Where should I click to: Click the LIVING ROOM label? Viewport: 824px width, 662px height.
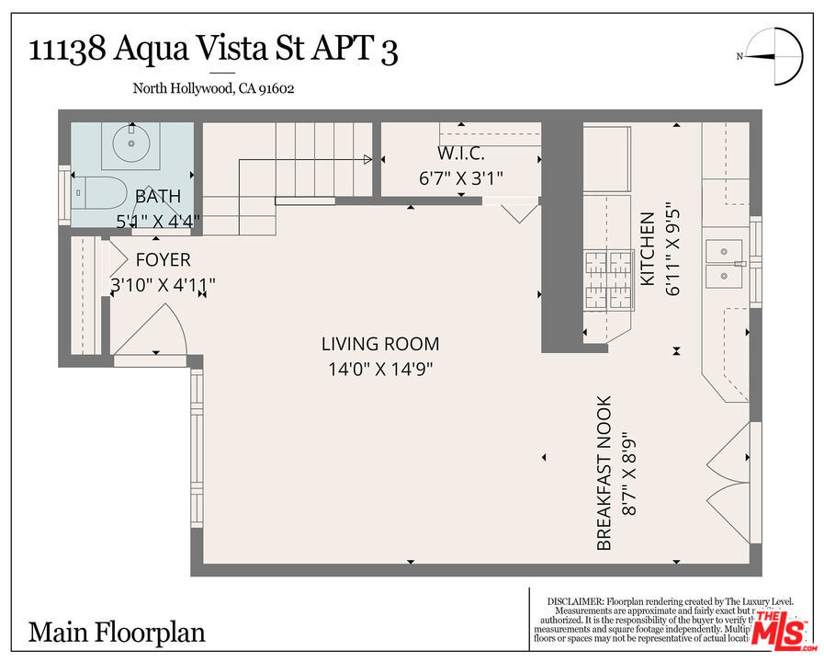pos(379,344)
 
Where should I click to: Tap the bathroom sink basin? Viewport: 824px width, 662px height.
pos(133,144)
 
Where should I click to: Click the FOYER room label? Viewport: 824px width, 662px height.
pos(163,259)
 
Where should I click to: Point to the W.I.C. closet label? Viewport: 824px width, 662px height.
pos(460,152)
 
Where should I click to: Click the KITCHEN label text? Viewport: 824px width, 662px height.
pos(648,248)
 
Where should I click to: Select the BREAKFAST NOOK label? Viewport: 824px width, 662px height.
pos(604,473)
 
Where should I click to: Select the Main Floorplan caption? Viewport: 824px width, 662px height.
pos(117,633)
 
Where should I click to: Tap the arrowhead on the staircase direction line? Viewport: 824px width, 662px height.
pos(367,160)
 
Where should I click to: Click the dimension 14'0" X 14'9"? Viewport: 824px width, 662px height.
pos(379,369)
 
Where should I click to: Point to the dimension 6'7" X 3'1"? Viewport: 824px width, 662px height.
pos(460,178)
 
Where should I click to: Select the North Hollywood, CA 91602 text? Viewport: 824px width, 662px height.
pos(213,89)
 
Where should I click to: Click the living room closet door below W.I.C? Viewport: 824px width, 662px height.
pos(520,211)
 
